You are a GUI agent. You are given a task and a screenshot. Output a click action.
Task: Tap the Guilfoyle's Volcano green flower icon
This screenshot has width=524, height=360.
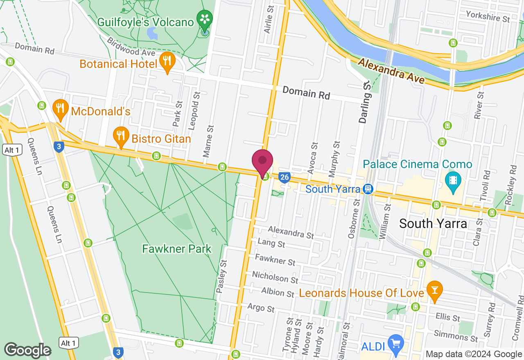coord(204,18)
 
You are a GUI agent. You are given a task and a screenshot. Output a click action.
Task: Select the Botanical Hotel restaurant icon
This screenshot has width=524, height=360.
coord(167,61)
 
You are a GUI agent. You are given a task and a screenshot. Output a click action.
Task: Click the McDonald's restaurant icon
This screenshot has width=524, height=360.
coord(61,108)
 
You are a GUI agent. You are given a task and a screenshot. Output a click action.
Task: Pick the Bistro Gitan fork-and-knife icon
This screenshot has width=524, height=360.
coord(120,135)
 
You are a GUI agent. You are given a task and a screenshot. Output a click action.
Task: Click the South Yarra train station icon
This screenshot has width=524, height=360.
coord(368,189)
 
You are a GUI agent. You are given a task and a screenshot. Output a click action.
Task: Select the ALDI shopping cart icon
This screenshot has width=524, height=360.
coord(395,343)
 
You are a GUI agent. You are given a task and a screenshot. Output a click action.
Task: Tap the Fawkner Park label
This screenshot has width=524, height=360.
coord(176,249)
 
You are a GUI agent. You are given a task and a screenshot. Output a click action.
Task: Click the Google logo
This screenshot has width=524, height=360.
coord(28,350)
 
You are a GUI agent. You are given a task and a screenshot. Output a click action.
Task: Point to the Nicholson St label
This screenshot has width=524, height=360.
coord(275,277)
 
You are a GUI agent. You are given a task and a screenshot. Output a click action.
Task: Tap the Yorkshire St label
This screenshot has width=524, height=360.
coord(488,17)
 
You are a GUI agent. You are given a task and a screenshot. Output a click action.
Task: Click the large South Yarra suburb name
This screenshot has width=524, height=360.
coord(433,223)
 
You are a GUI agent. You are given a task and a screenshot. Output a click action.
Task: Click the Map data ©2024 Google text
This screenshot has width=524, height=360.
coord(474,354)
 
